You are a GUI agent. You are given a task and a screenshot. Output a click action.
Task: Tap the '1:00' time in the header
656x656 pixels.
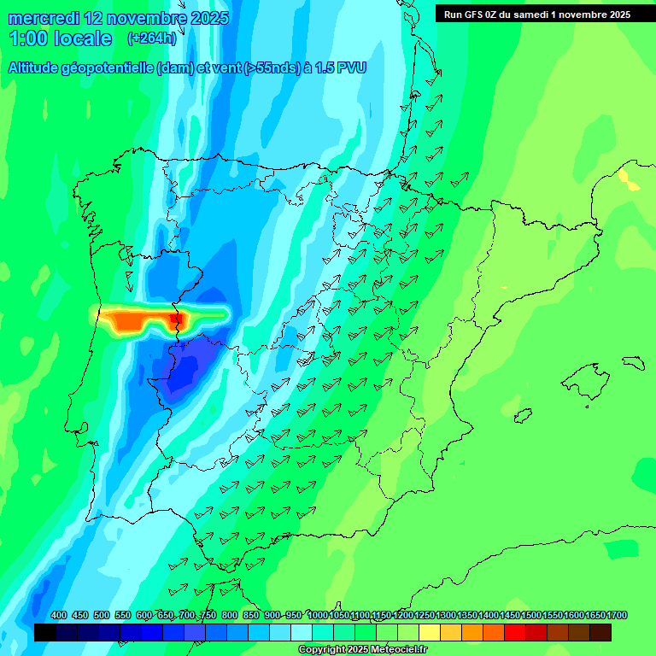coord(26,38)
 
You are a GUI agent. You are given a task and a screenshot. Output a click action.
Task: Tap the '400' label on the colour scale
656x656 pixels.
coord(59,615)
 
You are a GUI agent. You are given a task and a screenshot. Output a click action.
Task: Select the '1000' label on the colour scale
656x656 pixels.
coord(318,615)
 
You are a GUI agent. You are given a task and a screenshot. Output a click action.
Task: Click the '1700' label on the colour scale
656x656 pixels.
coord(617,615)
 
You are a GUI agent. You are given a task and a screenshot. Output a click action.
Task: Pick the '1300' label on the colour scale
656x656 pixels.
coord(446,615)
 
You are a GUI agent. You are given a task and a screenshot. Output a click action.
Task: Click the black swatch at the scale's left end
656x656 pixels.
coord(45,632)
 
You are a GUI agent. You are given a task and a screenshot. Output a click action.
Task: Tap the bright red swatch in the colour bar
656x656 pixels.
coord(515,632)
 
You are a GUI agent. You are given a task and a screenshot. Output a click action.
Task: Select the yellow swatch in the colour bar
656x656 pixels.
coord(430,632)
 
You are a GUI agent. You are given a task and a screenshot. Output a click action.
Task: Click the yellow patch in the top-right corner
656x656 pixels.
coord(628,179)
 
